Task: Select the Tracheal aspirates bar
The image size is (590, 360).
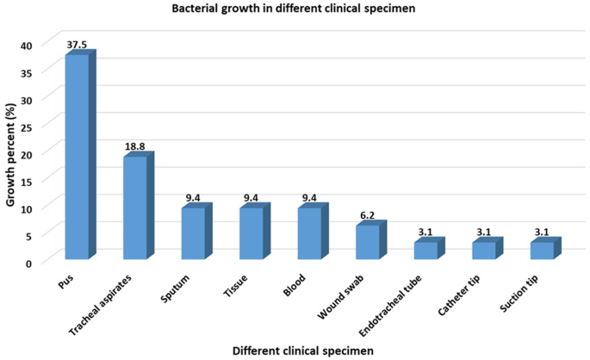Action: [x=135, y=208]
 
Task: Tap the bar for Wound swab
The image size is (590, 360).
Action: [x=368, y=242]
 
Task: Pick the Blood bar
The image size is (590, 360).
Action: [x=309, y=233]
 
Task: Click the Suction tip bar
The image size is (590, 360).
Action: [x=542, y=251]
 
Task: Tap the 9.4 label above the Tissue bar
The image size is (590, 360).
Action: [x=252, y=199]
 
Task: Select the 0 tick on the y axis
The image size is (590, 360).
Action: [x=29, y=262]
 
